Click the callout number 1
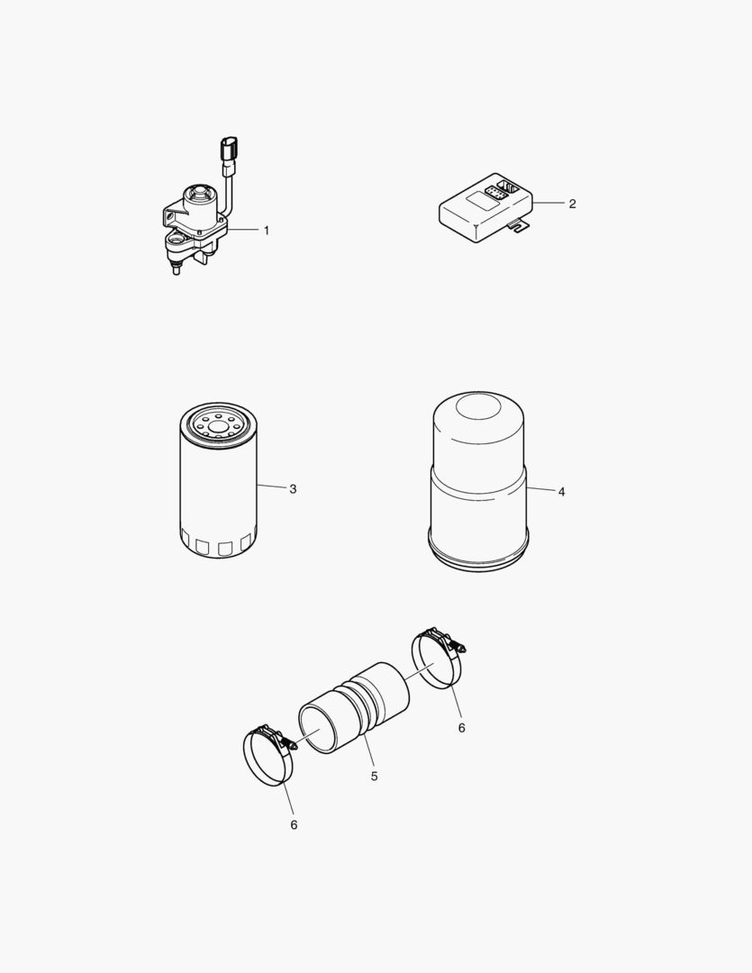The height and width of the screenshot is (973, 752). (x=267, y=231)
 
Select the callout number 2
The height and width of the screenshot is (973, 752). (x=572, y=204)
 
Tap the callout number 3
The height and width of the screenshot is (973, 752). (x=293, y=489)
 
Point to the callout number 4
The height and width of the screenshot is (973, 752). (x=561, y=492)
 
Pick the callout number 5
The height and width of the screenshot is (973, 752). (x=374, y=777)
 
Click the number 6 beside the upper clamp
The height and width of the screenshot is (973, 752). (x=462, y=728)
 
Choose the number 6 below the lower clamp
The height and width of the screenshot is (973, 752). (x=294, y=824)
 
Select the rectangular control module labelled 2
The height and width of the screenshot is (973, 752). (x=485, y=208)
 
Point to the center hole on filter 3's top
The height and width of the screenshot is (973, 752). (x=217, y=428)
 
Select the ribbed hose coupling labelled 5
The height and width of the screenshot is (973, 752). (x=355, y=708)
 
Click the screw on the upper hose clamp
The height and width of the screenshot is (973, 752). (x=458, y=645)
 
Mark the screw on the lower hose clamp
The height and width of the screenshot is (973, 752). (x=288, y=741)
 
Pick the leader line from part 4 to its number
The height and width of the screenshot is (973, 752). (x=540, y=490)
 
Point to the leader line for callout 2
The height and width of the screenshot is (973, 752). (x=548, y=203)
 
